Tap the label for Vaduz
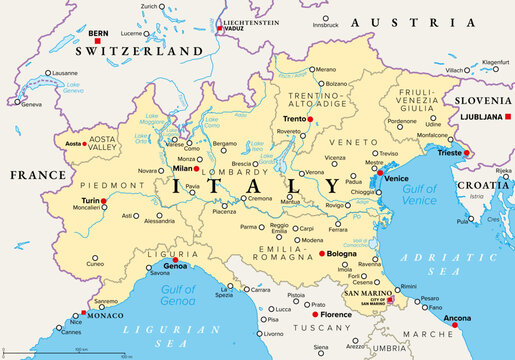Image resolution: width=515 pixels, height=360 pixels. pyautogui.click(x=235, y=29)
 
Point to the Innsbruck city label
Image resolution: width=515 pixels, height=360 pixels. pyautogui.click(x=325, y=24)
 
